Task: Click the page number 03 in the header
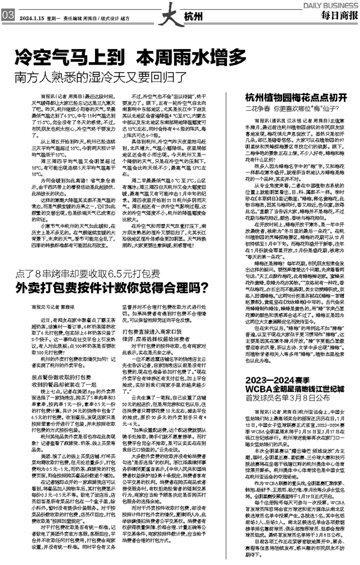coord(8,17)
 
